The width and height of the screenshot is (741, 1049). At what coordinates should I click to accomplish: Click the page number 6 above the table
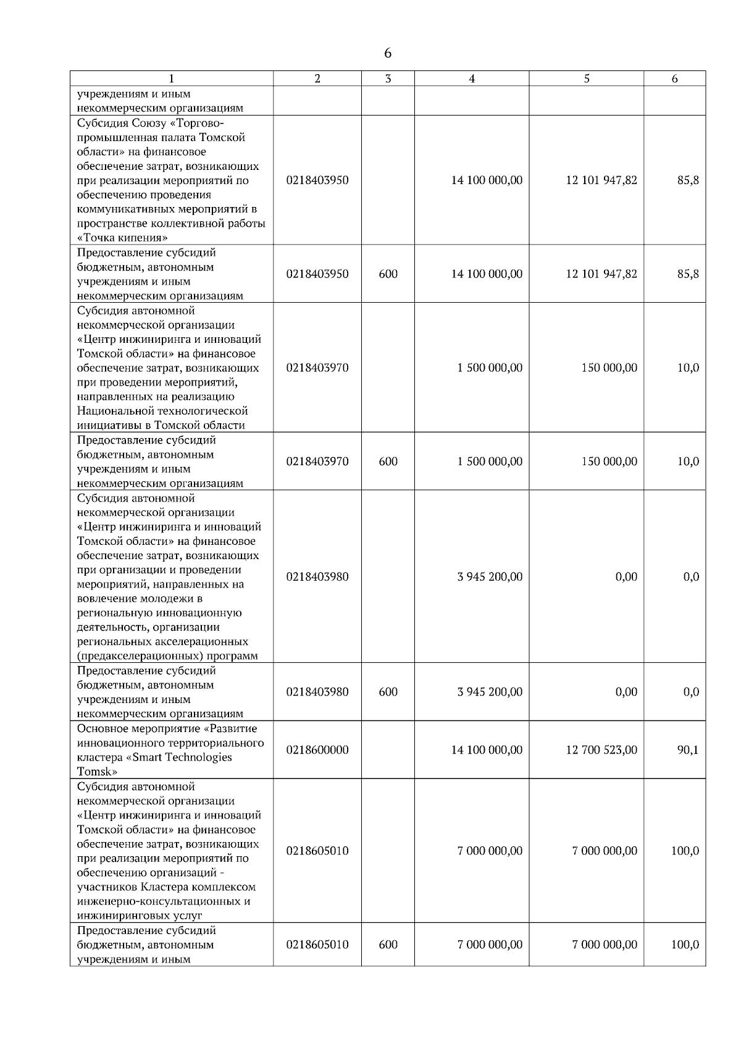(x=387, y=54)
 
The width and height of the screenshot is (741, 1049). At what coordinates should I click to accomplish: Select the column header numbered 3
(x=388, y=78)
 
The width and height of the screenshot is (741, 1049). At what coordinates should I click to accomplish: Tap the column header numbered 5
(x=586, y=78)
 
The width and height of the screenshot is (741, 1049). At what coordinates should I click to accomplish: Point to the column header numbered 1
(x=171, y=78)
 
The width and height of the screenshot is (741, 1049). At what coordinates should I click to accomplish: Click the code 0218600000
(x=317, y=750)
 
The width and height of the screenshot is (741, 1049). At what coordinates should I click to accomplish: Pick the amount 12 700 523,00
(x=601, y=750)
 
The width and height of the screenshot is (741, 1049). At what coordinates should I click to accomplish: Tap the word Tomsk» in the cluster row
(x=97, y=772)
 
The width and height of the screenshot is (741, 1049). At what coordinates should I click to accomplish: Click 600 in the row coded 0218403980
(x=388, y=692)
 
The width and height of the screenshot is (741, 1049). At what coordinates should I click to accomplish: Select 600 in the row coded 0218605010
(x=388, y=945)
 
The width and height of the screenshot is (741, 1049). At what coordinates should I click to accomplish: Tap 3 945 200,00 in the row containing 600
(x=490, y=692)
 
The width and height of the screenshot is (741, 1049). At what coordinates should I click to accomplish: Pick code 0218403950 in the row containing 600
(x=317, y=274)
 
